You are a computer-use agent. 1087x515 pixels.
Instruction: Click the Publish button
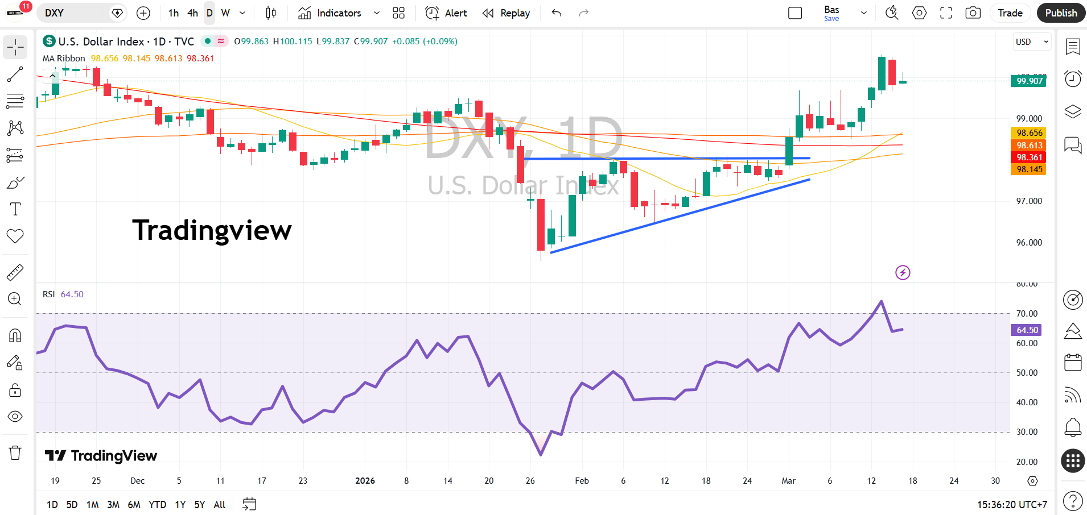1061,13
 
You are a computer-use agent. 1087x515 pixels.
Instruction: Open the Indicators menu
330,13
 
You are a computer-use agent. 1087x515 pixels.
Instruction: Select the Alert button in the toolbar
446,13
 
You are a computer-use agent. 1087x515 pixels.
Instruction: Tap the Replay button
506,13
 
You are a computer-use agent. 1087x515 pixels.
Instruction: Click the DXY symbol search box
77,13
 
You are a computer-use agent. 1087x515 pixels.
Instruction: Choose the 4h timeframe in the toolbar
192,13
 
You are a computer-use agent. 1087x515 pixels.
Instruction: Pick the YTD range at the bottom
157,504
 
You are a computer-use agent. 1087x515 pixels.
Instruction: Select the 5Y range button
199,504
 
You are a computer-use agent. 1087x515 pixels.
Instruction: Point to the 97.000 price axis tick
1029,201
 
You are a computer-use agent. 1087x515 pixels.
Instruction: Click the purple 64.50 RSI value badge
1027,330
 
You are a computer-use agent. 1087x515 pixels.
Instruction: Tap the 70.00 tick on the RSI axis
1027,314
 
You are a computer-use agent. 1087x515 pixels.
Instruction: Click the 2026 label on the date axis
365,481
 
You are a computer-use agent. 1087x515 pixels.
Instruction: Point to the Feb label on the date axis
582,481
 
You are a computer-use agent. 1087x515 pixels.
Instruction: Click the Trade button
1010,13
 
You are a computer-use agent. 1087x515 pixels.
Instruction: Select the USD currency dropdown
1032,42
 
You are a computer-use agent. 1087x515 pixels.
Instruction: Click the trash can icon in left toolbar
15,453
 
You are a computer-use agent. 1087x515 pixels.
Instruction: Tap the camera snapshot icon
973,13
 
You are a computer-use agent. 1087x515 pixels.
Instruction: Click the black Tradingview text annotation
212,230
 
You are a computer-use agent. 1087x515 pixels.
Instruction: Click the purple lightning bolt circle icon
903,273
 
